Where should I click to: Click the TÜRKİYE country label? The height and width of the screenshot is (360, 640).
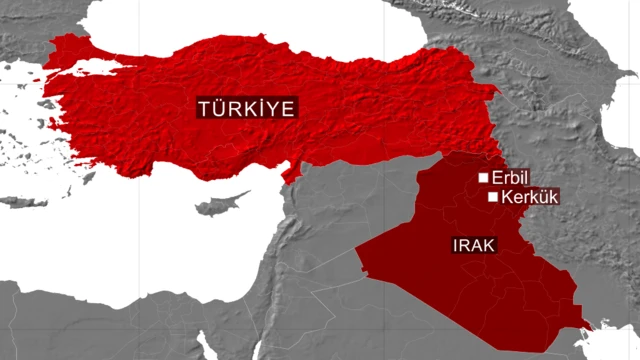tap(247, 108)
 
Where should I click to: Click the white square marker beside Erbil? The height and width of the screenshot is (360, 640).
tap(484, 177)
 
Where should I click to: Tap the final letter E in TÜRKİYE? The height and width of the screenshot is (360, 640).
tap(289, 108)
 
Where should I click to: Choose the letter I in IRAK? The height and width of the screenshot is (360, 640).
tap(456, 244)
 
